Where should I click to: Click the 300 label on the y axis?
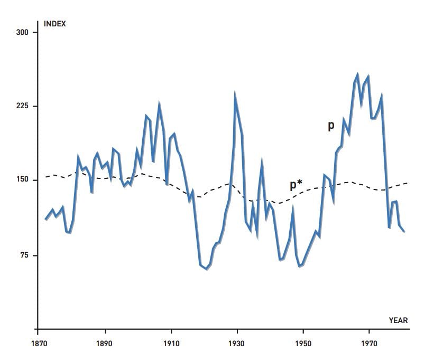[22, 33]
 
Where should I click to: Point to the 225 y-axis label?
[22, 106]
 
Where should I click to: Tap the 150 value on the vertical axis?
[22, 180]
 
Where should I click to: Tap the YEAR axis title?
[398, 320]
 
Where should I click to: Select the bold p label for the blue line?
[331, 126]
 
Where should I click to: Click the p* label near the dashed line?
[296, 185]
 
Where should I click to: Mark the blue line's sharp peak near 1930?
[235, 96]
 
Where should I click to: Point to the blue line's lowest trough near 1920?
[207, 269]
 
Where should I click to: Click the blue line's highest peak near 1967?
[357, 75]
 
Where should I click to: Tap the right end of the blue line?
[404, 231]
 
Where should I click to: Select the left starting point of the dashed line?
[45, 177]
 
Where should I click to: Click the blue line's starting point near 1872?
[46, 219]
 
